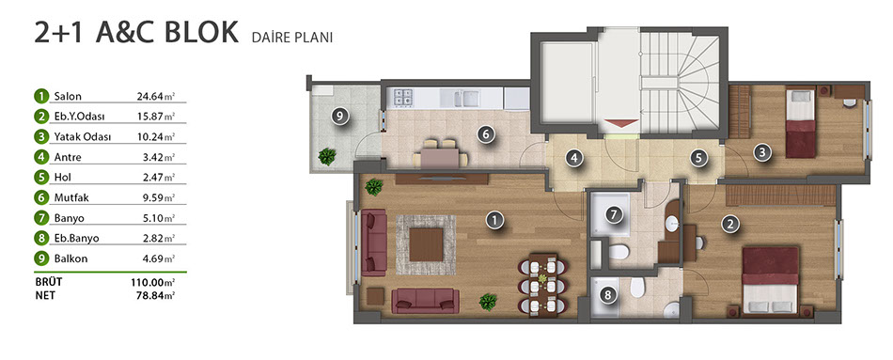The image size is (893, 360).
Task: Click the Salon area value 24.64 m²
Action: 155,96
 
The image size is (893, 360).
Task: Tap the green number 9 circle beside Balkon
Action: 40,258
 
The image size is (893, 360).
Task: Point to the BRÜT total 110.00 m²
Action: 152,282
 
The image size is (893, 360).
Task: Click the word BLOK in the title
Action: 201,33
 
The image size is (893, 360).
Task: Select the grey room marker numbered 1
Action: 495,220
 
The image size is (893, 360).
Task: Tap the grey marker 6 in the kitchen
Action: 485,135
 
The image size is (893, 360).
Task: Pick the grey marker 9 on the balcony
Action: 338,117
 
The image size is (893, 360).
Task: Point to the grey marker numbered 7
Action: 613,214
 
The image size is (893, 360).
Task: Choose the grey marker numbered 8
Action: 608,294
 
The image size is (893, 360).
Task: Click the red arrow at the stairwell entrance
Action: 620,123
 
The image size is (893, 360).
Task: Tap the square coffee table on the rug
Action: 426,244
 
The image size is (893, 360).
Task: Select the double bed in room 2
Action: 771,280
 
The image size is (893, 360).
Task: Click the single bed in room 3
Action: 800,122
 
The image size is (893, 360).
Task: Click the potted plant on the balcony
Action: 327,156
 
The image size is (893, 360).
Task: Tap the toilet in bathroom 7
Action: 618,252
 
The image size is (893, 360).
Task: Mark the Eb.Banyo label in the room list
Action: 76,238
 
